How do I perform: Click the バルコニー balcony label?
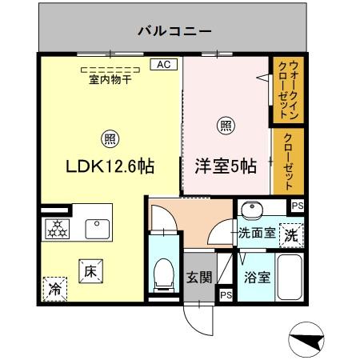[174, 32]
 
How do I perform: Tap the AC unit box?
[163, 64]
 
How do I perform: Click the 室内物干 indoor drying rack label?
[110, 79]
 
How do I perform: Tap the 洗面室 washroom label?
[257, 234]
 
